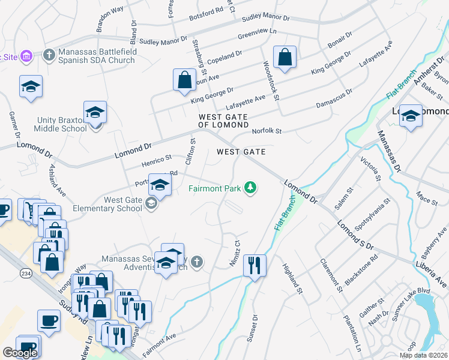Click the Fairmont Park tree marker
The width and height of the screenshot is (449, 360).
250,188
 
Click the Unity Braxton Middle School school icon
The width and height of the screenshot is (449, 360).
95,114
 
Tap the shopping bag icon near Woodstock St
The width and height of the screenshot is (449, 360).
285,58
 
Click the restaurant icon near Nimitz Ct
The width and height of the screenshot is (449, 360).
255,265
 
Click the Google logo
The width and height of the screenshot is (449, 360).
20,353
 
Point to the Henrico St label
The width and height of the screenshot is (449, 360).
156,157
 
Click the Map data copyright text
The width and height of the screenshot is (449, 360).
423,355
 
